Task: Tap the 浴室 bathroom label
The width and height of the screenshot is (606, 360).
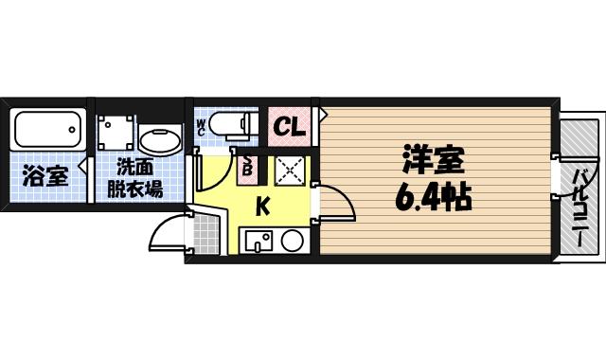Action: pos(45,176)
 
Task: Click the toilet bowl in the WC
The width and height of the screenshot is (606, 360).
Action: pos(232,124)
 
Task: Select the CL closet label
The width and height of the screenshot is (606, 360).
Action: pos(290,126)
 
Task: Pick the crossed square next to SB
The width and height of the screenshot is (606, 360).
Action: pos(289,171)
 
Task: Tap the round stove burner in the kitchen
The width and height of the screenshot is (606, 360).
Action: pos(292,240)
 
